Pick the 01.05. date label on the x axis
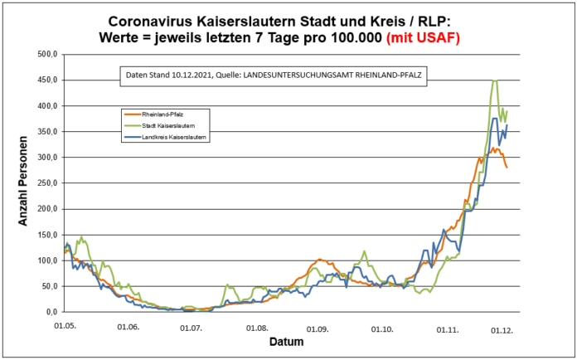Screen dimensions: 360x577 (x=66, y=326)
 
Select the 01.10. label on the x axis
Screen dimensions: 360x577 (x=382, y=329)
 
